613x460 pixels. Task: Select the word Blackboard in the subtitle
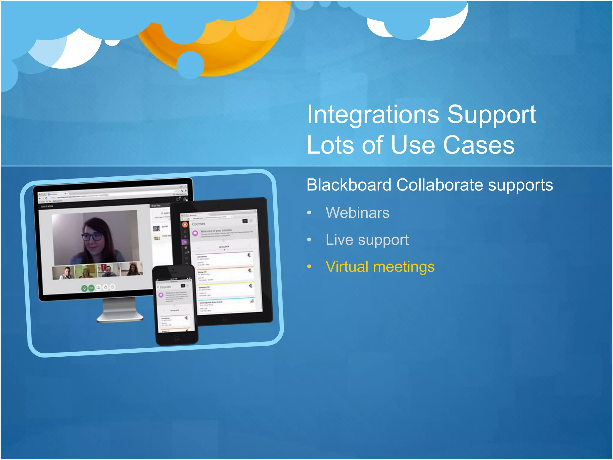click(x=349, y=185)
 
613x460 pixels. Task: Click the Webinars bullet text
click(x=357, y=213)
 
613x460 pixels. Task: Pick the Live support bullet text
click(x=367, y=240)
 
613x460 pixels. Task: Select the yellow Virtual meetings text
click(x=380, y=267)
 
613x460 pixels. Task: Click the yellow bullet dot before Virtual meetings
click(x=309, y=267)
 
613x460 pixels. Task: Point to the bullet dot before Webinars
click(x=309, y=213)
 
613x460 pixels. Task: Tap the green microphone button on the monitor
click(x=85, y=288)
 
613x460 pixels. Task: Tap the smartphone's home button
click(x=177, y=338)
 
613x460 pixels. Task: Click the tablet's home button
click(x=224, y=319)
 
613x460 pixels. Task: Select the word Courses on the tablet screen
click(x=198, y=224)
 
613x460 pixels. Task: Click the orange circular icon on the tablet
click(x=185, y=224)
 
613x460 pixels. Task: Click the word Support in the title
click(x=491, y=115)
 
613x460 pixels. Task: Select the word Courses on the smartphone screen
click(x=165, y=287)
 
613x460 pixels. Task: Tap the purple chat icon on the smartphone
click(x=161, y=295)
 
